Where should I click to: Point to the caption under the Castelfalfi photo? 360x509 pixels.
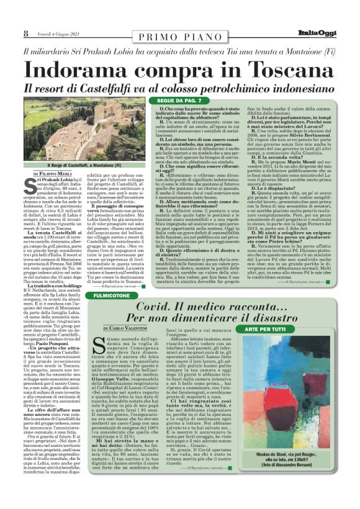(84, 166)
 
